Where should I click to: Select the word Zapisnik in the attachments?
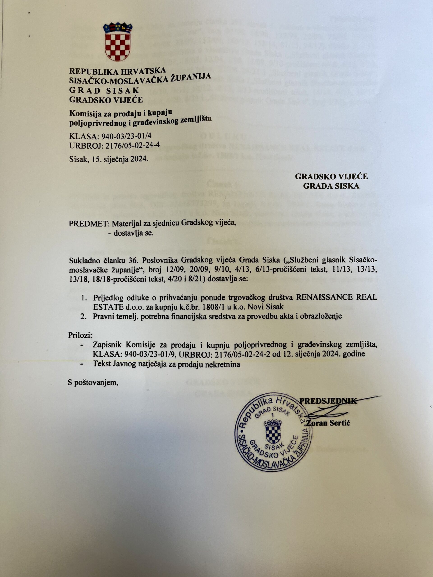[x=107, y=345]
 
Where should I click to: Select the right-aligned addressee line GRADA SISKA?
[x=331, y=186]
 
